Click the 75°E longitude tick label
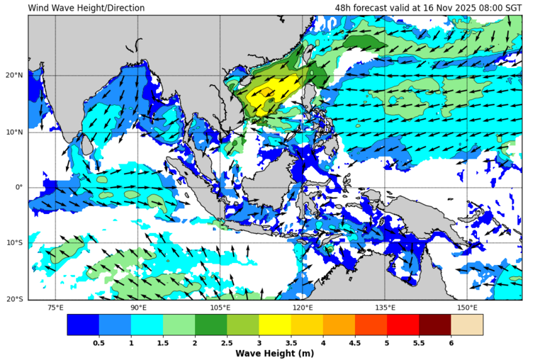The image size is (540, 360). [55, 308]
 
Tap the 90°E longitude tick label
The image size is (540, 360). [138, 308]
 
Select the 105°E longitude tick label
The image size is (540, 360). [220, 308]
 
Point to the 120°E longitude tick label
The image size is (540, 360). [303, 308]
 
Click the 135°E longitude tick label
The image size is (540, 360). [385, 308]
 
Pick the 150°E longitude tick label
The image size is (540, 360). [467, 308]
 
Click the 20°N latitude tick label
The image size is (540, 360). [15, 76]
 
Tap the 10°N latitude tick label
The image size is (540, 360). [15, 132]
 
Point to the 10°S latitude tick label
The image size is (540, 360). [15, 243]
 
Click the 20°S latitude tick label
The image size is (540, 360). [15, 299]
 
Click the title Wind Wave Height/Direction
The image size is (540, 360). [86, 8]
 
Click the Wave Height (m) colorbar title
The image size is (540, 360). [274, 354]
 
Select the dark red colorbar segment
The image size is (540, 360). [434, 325]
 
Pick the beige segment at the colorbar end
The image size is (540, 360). [466, 325]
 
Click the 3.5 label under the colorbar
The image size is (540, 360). [291, 343]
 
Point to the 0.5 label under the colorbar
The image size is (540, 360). [99, 343]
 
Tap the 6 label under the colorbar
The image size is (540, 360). [451, 343]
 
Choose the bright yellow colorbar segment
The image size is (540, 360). [274, 325]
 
